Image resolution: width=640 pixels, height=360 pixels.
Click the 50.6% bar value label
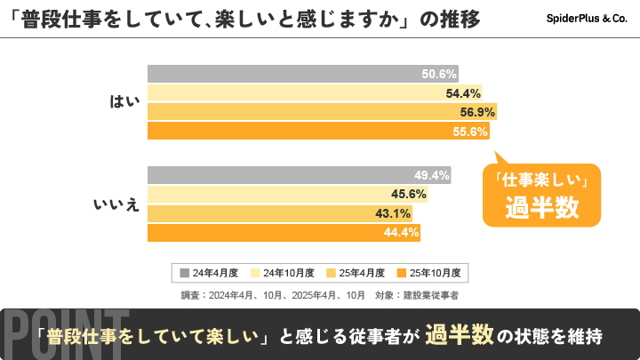439,74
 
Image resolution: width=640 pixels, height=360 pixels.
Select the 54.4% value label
463,93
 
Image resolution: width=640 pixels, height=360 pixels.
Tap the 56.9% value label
477,112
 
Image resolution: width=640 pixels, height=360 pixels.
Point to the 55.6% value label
471,132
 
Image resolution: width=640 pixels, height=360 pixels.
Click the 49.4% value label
432,175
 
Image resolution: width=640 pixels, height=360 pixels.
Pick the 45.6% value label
409,195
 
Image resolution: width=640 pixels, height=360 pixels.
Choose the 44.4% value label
401,233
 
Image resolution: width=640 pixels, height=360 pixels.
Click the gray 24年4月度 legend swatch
184,273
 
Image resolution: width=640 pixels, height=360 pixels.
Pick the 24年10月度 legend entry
280,273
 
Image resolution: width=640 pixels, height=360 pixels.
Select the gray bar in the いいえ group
299,175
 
